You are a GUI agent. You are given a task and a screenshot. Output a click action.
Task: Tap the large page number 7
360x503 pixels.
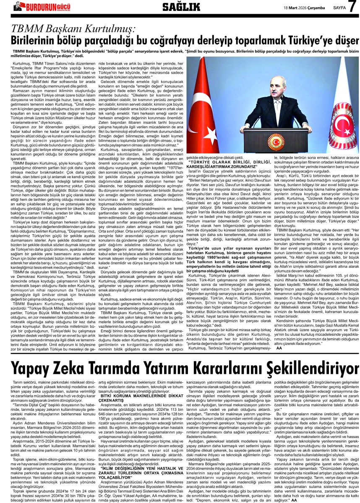352,7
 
